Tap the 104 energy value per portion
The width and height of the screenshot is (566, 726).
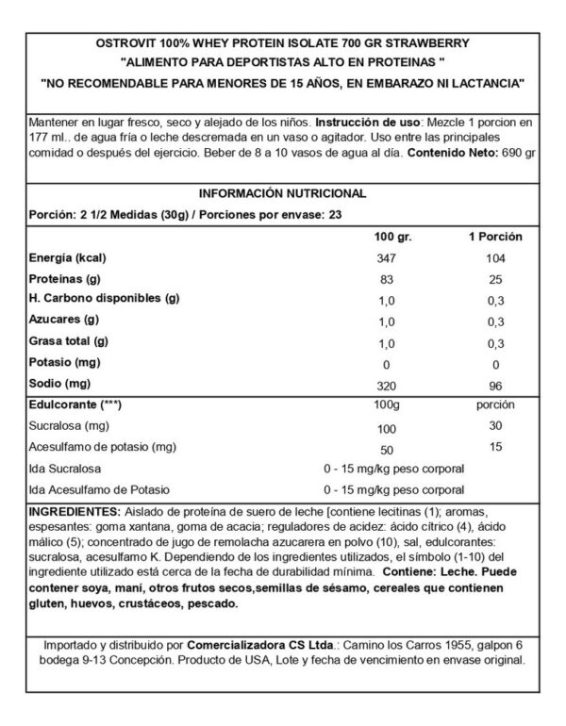496,257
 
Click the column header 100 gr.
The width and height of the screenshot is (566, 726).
388,235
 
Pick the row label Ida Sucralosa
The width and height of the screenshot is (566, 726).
71,469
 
